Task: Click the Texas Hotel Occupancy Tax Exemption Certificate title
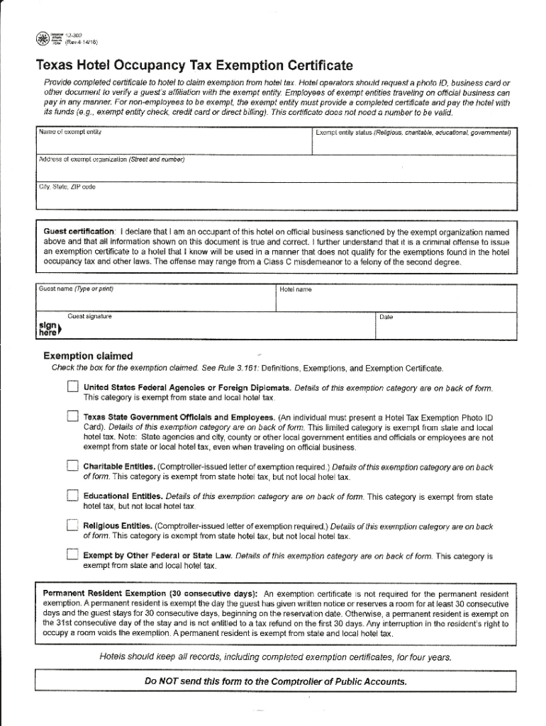(194, 67)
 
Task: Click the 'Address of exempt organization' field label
(111, 160)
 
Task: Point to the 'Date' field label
(386, 317)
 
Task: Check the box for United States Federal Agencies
(72, 387)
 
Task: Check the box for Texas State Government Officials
(72, 417)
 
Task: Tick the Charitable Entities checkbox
(72, 466)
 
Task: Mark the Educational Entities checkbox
(72, 496)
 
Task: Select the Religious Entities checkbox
(72, 525)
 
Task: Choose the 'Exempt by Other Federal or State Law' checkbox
(72, 554)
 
